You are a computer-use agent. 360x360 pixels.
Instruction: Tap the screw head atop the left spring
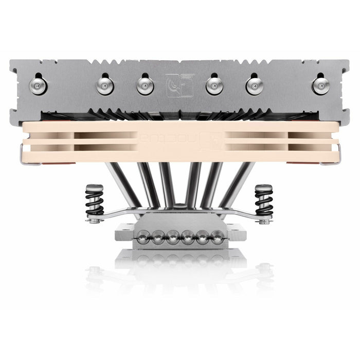pos(94,188)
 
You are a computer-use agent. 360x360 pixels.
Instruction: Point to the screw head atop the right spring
pos(264,188)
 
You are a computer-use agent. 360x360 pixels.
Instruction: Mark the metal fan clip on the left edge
pos(23,154)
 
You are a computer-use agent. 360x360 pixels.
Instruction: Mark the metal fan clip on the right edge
pos(337,154)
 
